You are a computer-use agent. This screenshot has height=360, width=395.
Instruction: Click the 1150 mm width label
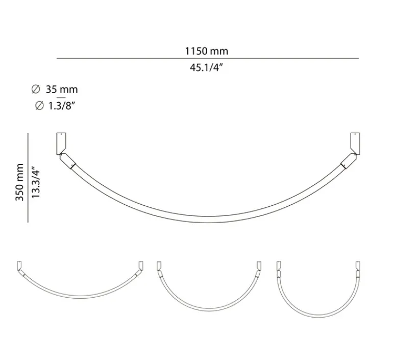click(x=207, y=51)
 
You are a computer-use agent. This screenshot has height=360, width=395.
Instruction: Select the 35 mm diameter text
click(x=61, y=89)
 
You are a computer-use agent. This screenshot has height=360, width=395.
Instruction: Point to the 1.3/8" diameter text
click(x=62, y=106)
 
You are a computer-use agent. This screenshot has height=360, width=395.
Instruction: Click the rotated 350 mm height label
click(x=19, y=182)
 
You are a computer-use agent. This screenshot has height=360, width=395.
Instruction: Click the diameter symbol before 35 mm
click(x=36, y=89)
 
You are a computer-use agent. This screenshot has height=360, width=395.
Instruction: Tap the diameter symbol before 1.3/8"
click(x=39, y=106)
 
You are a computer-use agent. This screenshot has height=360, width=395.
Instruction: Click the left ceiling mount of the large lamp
click(x=60, y=141)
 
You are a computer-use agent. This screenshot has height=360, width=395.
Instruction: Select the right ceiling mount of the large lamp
click(x=354, y=141)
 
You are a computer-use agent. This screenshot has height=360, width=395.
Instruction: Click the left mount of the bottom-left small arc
click(x=19, y=265)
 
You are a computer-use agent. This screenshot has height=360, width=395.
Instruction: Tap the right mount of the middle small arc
click(x=258, y=266)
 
